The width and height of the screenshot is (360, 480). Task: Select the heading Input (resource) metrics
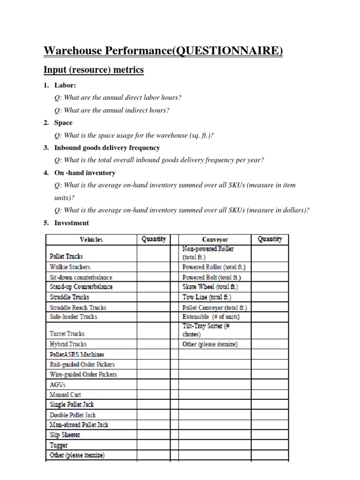point(93,70)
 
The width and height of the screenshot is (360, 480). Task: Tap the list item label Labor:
point(65,85)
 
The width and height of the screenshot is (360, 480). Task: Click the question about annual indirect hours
point(112,110)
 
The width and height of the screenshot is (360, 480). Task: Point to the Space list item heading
point(63,122)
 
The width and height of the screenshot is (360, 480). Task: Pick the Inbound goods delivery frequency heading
point(107,148)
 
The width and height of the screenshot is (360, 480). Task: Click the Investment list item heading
point(71,223)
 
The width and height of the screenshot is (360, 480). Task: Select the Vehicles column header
point(91,240)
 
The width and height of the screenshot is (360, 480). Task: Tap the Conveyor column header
point(215,240)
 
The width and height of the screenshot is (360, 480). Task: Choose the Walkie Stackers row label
point(70,267)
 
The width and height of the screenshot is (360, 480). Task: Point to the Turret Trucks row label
point(67,334)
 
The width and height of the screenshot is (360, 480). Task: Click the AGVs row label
point(58,384)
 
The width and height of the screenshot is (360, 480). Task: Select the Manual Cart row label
point(65,395)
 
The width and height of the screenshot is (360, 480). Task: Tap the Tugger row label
point(59,445)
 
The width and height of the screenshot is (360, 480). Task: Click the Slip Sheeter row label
point(65,435)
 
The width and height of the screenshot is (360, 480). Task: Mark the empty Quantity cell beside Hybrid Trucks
point(153,344)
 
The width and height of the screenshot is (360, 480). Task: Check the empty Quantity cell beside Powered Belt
point(270,277)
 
